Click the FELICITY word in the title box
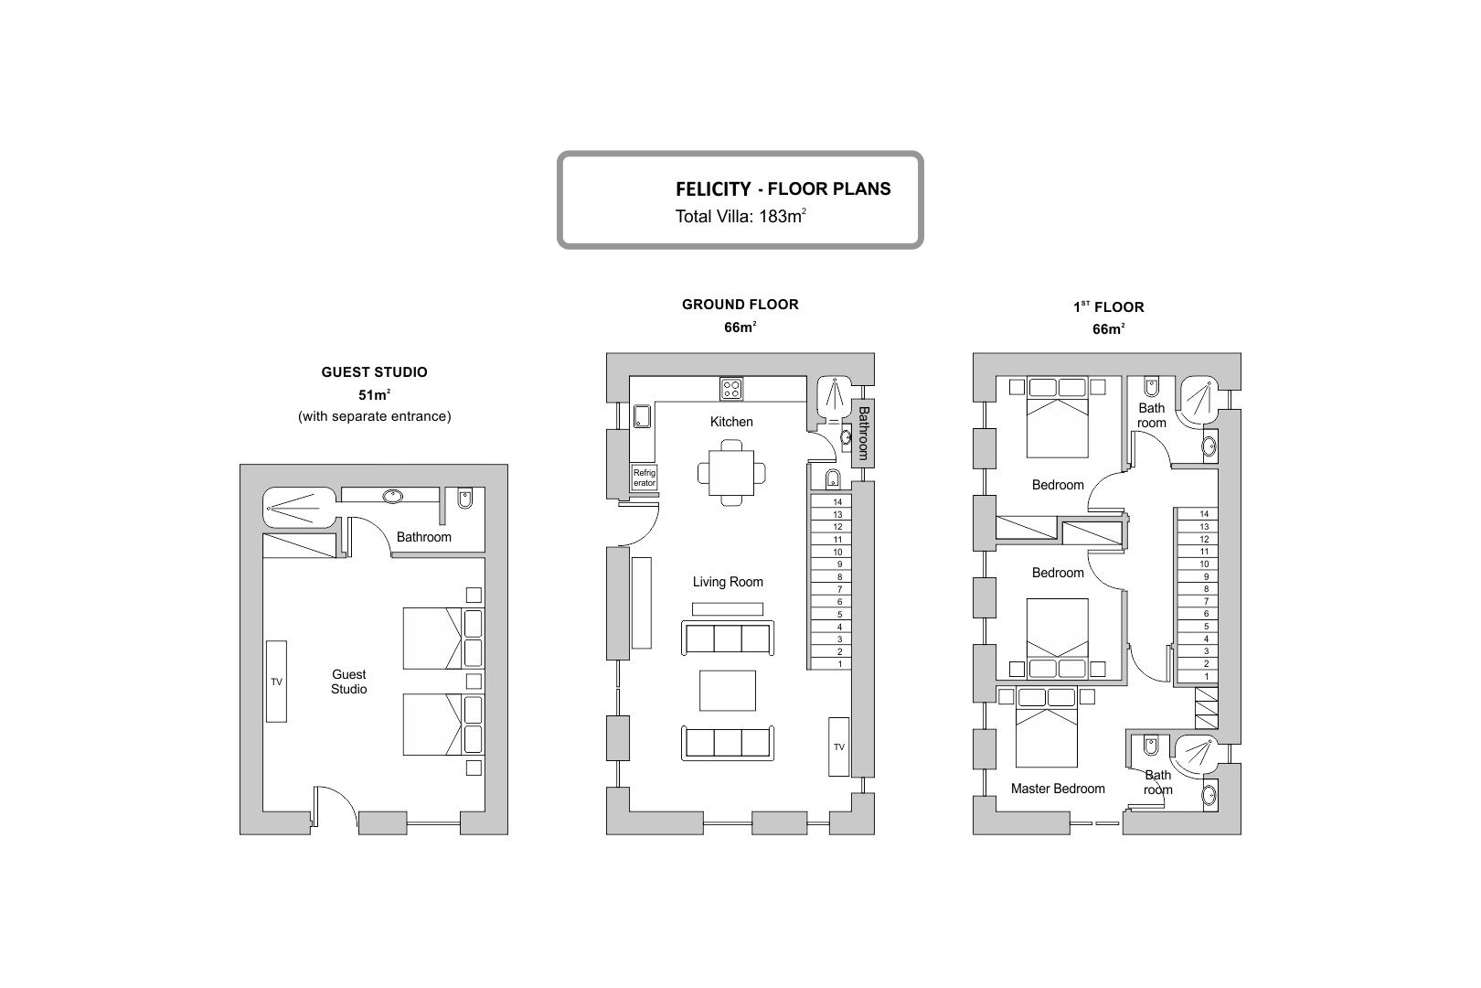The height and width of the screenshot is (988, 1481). click(713, 189)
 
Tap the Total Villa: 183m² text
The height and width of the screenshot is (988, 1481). click(740, 217)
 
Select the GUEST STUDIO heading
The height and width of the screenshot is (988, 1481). click(374, 372)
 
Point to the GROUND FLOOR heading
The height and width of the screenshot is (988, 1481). click(740, 305)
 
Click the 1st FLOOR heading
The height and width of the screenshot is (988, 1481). click(1108, 307)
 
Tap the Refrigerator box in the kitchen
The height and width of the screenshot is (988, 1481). click(644, 478)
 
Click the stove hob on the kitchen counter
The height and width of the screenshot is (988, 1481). click(731, 389)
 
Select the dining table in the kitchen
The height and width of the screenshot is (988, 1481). click(731, 472)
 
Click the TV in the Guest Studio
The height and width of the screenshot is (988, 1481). click(276, 681)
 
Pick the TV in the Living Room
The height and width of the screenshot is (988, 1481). click(839, 746)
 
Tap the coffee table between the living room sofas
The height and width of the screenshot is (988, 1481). click(728, 690)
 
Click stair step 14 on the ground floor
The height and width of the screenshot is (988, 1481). click(831, 502)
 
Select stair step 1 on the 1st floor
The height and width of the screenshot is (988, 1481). click(1198, 677)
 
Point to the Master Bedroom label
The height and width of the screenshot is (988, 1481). click(1058, 789)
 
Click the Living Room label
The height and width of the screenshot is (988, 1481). click(728, 583)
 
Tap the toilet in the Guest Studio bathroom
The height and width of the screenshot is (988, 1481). click(464, 498)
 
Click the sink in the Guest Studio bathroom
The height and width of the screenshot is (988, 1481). click(393, 497)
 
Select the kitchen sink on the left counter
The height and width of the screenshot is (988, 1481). click(642, 416)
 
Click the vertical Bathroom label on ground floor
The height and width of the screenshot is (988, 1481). click(863, 434)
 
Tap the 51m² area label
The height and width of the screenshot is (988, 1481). click(374, 395)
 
